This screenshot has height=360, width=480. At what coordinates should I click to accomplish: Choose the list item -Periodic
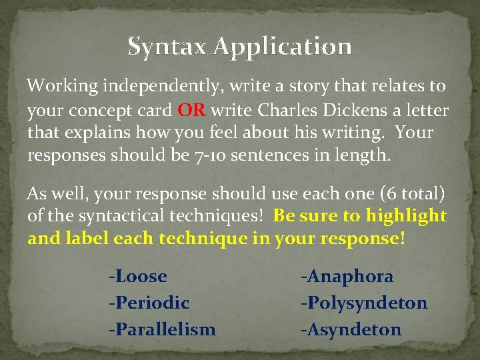pyautogui.click(x=149, y=303)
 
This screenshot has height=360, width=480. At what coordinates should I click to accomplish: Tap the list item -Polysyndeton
pyautogui.click(x=363, y=303)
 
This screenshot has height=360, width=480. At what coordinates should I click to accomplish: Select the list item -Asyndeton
pyautogui.click(x=351, y=329)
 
